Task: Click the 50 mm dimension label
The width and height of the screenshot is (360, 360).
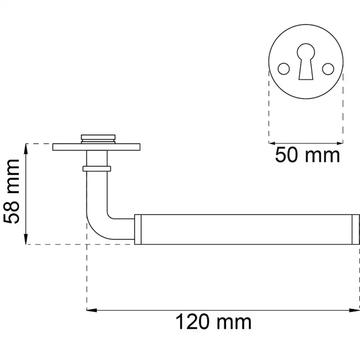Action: [x=307, y=155]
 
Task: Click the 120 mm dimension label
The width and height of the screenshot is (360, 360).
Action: [x=213, y=323]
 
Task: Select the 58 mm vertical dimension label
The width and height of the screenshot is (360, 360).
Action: [x=12, y=191]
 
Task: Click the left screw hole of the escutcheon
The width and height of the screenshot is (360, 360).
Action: [x=283, y=68]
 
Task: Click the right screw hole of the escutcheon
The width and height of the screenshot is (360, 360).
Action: [x=328, y=68]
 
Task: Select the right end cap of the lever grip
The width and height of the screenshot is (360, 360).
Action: [x=355, y=229]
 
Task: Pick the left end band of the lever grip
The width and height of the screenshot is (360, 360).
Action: [x=138, y=229]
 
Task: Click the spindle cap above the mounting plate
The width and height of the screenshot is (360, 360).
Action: [x=98, y=139]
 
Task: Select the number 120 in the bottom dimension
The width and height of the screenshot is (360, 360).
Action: [x=193, y=323]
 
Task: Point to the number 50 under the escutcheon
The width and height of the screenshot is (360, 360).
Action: [x=285, y=155]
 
